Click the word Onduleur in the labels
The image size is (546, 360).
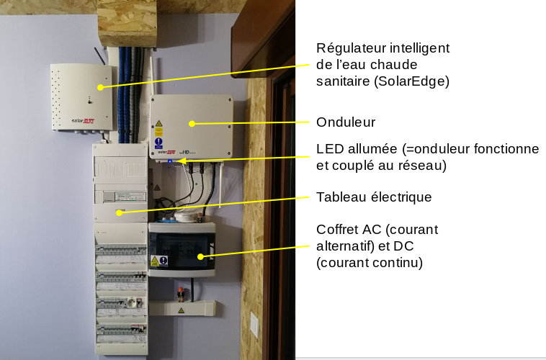[x=346, y=122]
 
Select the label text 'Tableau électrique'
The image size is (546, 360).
[x=374, y=197]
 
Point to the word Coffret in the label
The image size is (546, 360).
[x=339, y=230]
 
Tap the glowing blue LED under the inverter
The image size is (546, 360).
[x=170, y=161]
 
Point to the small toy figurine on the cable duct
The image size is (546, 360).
[x=181, y=294]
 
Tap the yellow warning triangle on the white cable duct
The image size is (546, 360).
[x=181, y=310]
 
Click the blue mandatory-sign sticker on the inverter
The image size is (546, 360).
[x=158, y=142]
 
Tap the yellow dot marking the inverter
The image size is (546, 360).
[x=192, y=123]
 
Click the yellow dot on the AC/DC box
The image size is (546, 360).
[x=200, y=256]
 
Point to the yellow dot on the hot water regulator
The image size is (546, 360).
[x=100, y=87]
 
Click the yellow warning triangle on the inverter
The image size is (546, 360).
[x=158, y=125]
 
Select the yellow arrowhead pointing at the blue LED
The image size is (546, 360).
[x=179, y=162]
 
